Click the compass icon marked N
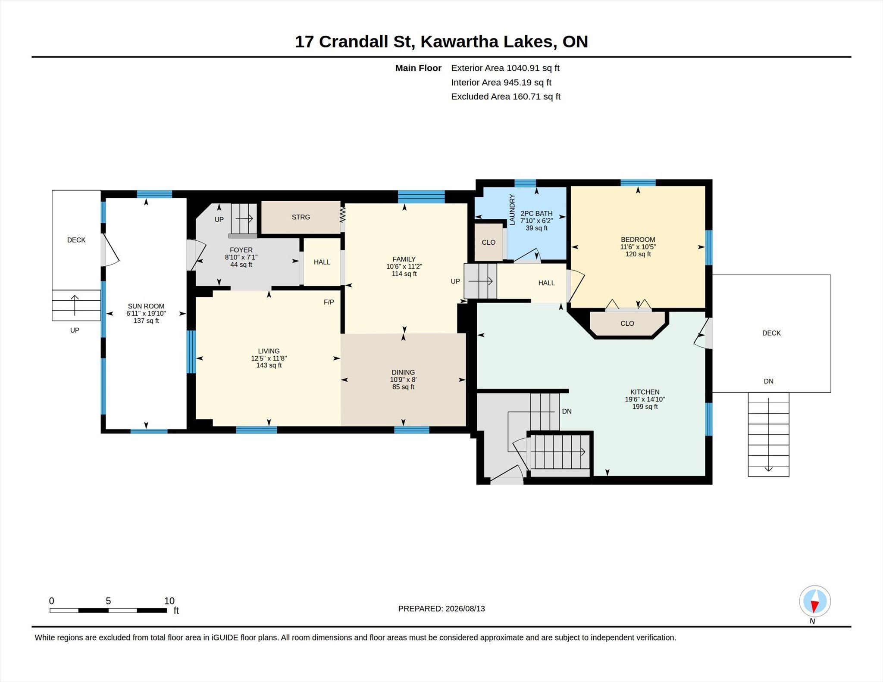click(814, 601)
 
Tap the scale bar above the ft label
click(108, 610)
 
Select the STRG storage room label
click(301, 217)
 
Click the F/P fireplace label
click(329, 302)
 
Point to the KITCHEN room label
click(645, 392)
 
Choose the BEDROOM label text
click(638, 240)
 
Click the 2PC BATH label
click(536, 213)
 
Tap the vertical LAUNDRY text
click(512, 210)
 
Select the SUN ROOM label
click(146, 306)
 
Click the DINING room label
click(403, 372)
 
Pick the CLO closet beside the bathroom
click(488, 242)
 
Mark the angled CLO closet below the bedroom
click(627, 323)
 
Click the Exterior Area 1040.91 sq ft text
click(505, 68)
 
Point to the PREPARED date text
click(441, 609)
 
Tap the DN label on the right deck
click(768, 381)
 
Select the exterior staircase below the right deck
click(768, 434)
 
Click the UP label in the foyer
click(219, 219)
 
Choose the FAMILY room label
click(404, 259)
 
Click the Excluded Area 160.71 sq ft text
click(506, 97)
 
